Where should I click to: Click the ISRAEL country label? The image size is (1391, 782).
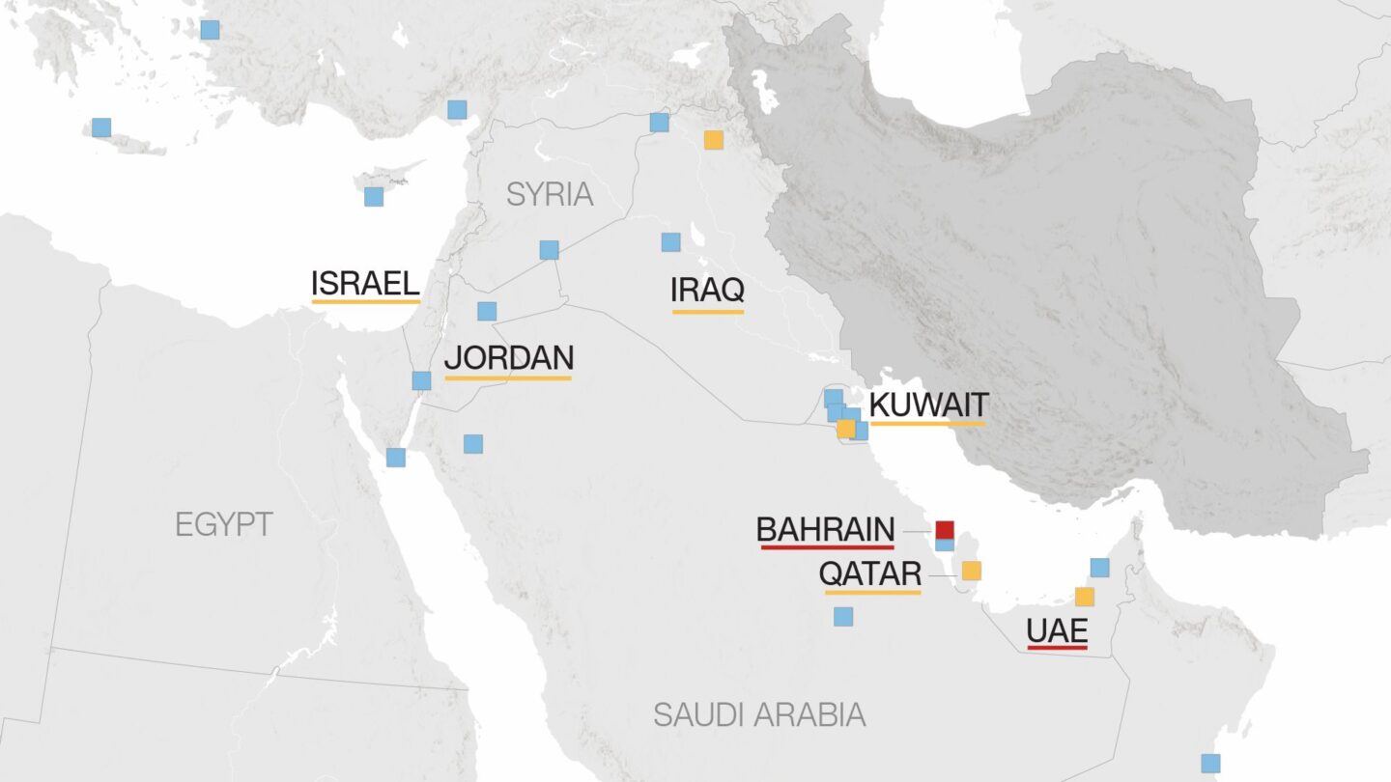pos(365,283)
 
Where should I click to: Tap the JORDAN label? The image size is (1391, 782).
pos(508,357)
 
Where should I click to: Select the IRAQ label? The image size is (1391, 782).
pos(707,290)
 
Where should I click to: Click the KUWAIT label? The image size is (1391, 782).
pos(928,404)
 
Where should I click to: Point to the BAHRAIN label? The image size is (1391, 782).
pos(825,529)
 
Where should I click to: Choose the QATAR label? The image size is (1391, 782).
pos(869,573)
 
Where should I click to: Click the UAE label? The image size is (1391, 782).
pos(1057,631)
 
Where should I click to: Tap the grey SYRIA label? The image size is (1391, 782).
pos(550,194)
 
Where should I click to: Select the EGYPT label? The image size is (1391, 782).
pos(224,524)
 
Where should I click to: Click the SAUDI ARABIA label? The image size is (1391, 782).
pos(758,714)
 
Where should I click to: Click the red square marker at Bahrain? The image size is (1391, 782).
pos(945,529)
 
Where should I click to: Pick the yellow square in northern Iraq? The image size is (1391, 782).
pos(713,139)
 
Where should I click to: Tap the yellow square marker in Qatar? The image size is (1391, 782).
pos(971,571)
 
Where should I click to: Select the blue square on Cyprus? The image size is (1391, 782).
pos(374,197)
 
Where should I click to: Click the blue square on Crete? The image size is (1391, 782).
pos(101,127)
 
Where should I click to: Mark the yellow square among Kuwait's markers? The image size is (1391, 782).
pos(846,429)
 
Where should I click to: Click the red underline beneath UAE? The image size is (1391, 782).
pos(1057,648)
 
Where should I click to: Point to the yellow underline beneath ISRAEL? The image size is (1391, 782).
pos(365,302)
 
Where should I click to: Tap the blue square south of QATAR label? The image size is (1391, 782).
pos(843,616)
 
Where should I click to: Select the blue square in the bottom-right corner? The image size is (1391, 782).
pos(1210,763)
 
